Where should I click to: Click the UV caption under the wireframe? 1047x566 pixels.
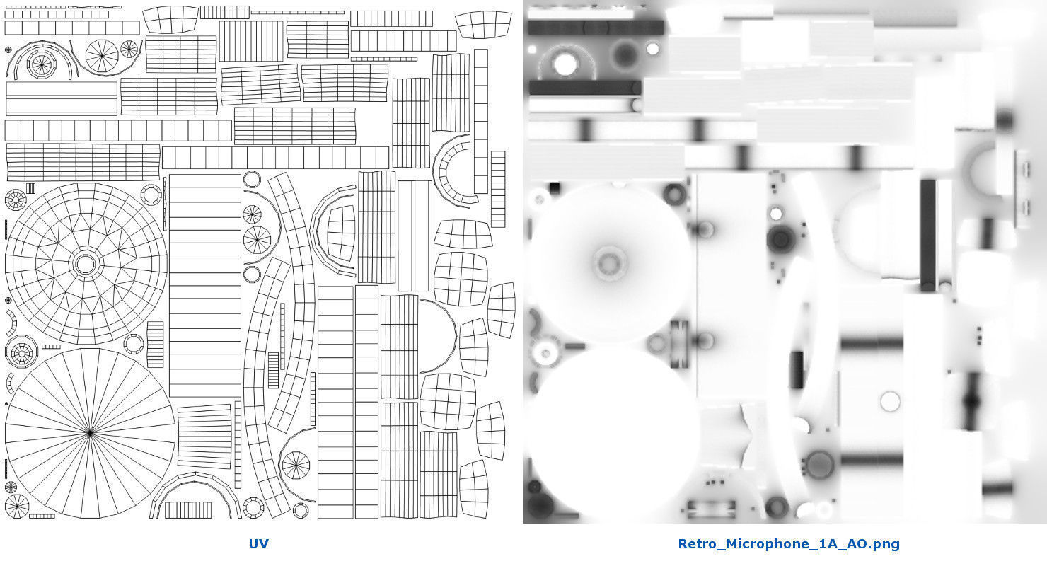[x=258, y=543]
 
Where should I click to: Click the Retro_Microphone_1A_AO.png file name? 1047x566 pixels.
[x=789, y=544]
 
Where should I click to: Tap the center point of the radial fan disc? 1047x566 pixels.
[x=91, y=433]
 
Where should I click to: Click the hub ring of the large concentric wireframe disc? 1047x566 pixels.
[x=85, y=264]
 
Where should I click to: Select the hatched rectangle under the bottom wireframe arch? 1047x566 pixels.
[x=188, y=510]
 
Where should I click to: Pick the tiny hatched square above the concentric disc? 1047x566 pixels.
[x=31, y=188]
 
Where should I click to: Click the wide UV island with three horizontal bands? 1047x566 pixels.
[x=62, y=98]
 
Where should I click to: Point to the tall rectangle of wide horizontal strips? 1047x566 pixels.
[x=204, y=286]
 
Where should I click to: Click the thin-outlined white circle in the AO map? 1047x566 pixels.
[x=890, y=401]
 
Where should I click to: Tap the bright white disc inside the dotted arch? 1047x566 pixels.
[x=565, y=64]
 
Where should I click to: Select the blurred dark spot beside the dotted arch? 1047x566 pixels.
[x=624, y=54]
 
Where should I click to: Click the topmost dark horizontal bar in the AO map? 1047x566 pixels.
[x=596, y=28]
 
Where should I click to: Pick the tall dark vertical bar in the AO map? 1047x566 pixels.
[x=928, y=236]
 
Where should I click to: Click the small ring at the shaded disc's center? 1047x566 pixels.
[x=609, y=264]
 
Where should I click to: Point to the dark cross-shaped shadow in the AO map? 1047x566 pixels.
[x=972, y=401]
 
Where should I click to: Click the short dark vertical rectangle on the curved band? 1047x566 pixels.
[x=797, y=370]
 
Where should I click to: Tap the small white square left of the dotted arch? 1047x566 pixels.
[x=531, y=50]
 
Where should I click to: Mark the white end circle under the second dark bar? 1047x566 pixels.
[x=636, y=105]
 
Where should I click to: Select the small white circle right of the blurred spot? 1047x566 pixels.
[x=653, y=49]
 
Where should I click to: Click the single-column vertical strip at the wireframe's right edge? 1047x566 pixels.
[x=481, y=121]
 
